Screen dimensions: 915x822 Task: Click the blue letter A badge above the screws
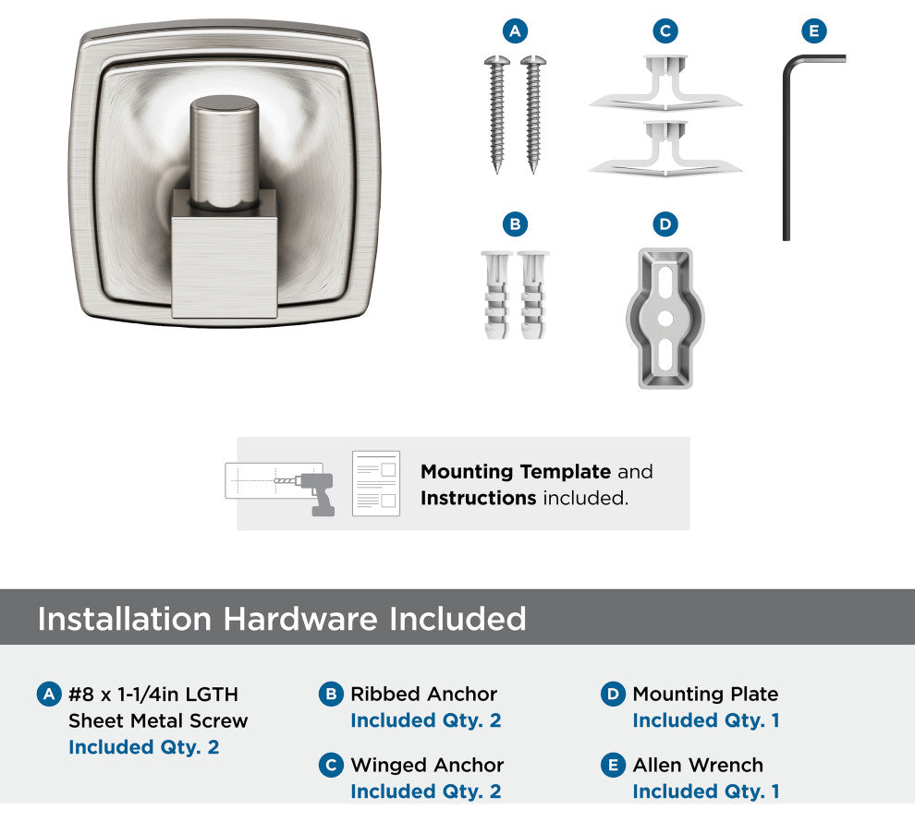point(515,30)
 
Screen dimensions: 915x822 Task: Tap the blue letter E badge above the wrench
point(814,30)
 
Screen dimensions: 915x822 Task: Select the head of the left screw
point(497,60)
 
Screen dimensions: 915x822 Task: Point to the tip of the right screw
point(532,172)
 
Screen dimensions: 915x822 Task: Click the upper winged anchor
point(665,84)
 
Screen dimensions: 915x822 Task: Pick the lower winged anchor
point(665,150)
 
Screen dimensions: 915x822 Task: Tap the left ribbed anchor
point(496,295)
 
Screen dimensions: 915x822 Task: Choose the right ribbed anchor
point(532,295)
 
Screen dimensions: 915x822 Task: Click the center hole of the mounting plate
point(665,319)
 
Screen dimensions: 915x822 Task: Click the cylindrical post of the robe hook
point(225,151)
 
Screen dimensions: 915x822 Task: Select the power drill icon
point(315,493)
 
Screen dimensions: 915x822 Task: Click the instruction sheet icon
point(376,483)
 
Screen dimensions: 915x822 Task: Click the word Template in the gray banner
point(566,471)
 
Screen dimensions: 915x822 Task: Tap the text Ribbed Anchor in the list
point(423,694)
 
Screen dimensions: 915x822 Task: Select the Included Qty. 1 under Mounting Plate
point(706,720)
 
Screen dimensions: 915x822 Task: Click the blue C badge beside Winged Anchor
point(331,765)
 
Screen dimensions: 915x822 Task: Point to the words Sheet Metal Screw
point(158,720)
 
